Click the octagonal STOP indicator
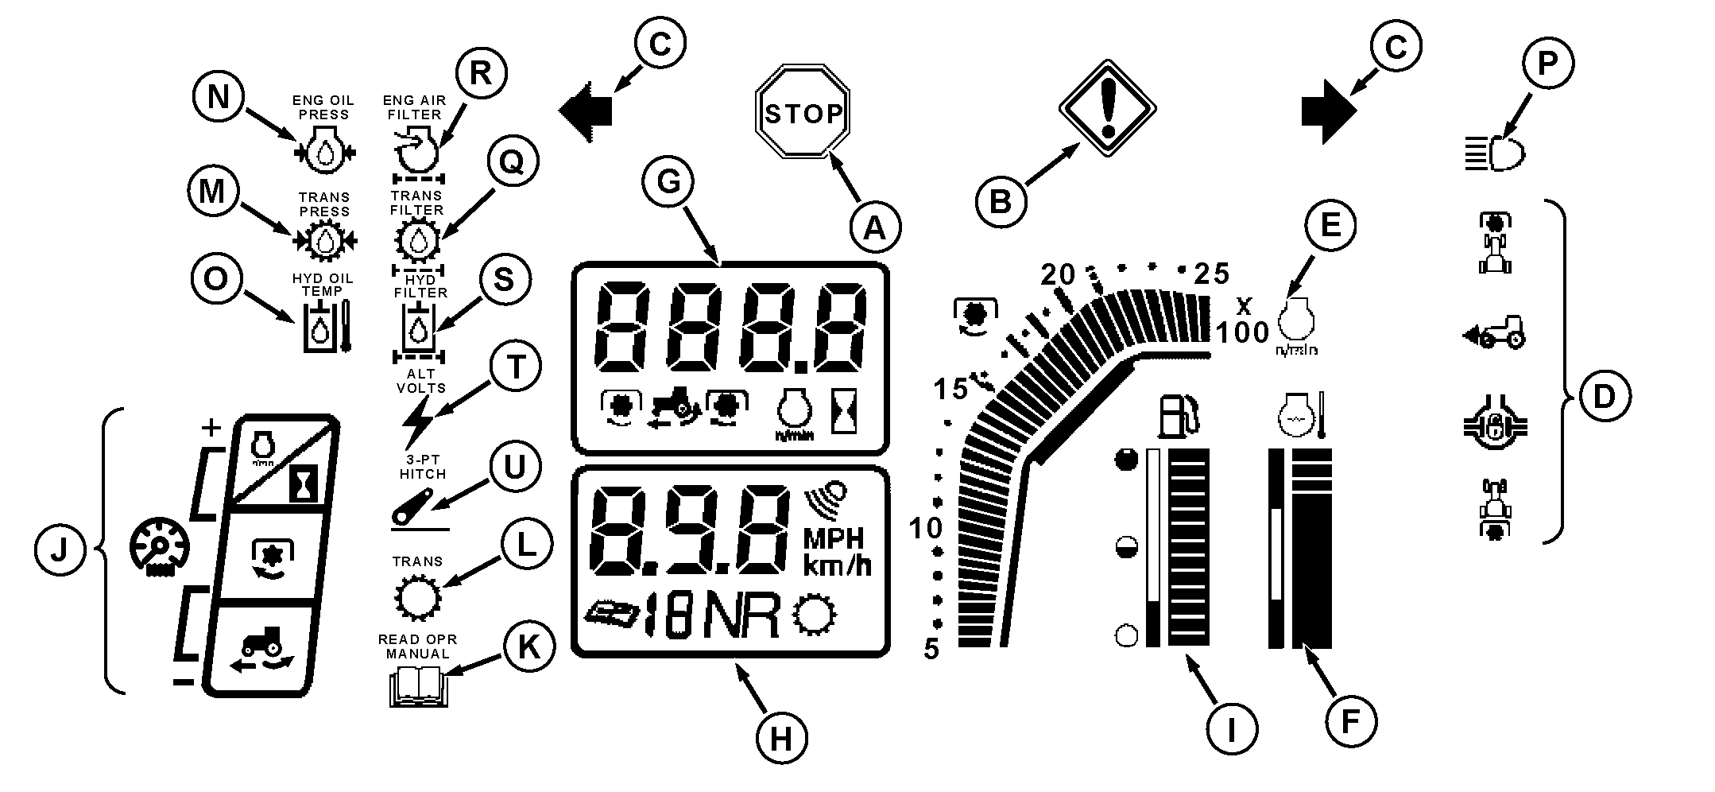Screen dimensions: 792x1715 tap(802, 114)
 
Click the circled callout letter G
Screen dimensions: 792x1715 tap(669, 183)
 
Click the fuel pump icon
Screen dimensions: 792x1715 tap(1179, 416)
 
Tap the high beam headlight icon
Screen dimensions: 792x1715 tap(1496, 153)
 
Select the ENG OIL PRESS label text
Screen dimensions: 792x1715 tap(323, 107)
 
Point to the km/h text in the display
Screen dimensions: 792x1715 tap(837, 566)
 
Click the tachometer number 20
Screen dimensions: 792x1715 tap(1058, 275)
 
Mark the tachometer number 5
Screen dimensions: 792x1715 tap(931, 650)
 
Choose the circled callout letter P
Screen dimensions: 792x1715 tap(1547, 64)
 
